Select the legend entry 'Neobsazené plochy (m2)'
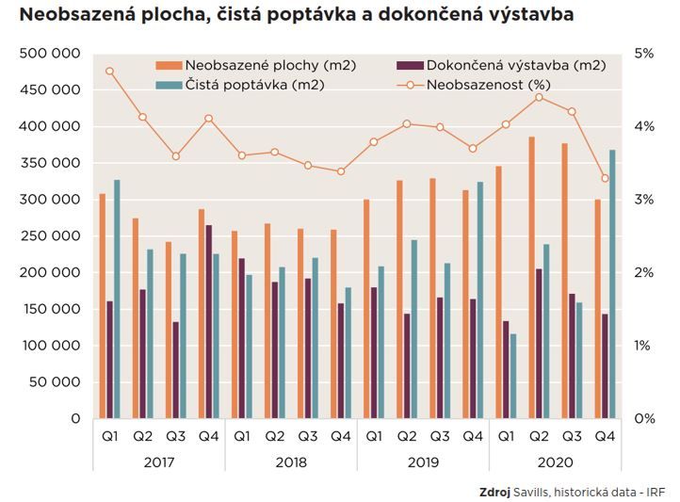point(254,65)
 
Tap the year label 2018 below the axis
point(291,462)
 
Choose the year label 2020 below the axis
point(555,462)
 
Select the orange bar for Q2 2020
point(532,278)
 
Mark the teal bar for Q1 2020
point(513,376)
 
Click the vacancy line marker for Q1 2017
point(110,71)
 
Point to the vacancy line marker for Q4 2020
point(605,178)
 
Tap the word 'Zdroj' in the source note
point(495,491)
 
